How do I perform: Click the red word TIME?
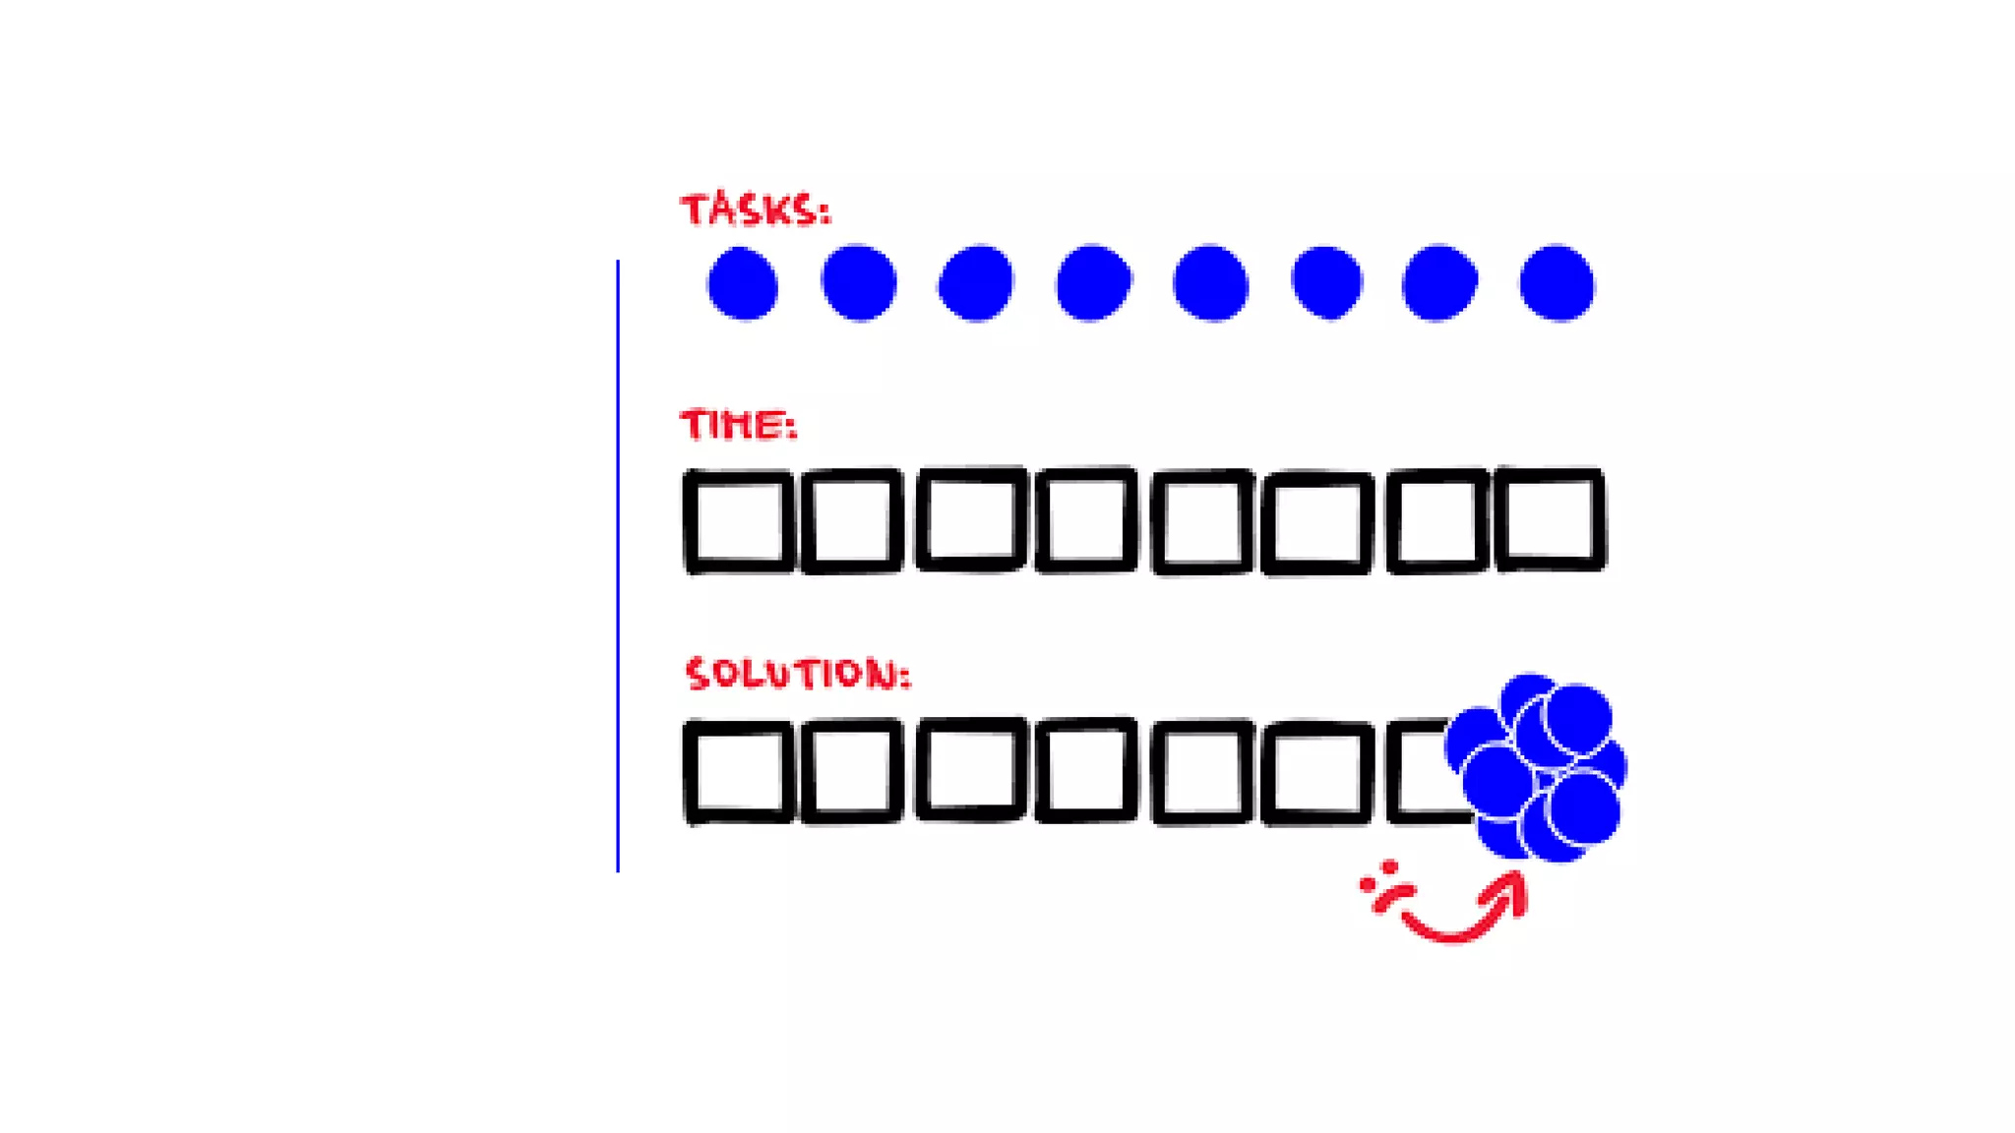tap(737, 425)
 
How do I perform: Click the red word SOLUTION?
tap(797, 674)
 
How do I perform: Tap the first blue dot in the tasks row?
tap(743, 283)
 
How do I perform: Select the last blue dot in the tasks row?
tap(1557, 283)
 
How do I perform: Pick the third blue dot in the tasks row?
tap(975, 283)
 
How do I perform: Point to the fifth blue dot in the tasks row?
tap(1210, 283)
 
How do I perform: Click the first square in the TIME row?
tap(739, 521)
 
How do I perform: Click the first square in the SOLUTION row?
tap(739, 772)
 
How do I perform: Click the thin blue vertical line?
tap(618, 566)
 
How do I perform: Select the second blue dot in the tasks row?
tap(859, 283)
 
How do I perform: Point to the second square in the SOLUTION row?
tap(852, 772)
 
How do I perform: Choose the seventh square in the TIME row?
tap(1436, 521)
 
